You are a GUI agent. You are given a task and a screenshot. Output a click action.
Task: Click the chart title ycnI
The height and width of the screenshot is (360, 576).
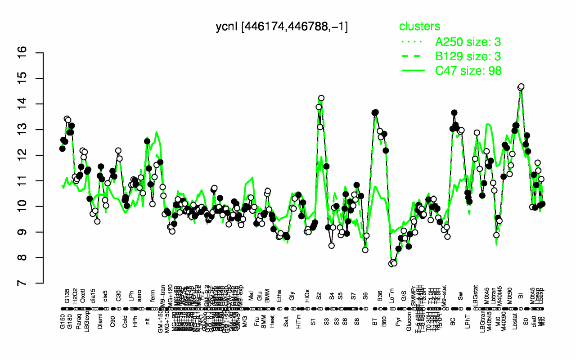(282, 27)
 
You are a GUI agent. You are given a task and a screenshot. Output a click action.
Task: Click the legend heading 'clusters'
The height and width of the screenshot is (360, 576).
(420, 27)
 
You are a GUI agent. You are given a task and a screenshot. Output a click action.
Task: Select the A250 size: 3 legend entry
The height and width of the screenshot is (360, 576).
(468, 42)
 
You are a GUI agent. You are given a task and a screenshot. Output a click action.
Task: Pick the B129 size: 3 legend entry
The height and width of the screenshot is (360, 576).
(468, 56)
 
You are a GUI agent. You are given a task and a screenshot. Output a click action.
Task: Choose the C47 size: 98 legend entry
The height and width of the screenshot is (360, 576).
(468, 71)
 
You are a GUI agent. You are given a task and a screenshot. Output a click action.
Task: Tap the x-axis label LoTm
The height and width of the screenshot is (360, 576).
(393, 297)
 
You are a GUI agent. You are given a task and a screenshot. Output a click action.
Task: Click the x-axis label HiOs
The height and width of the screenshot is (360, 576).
(308, 297)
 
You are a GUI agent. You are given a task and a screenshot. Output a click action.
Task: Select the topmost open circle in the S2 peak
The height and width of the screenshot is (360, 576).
(321, 98)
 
